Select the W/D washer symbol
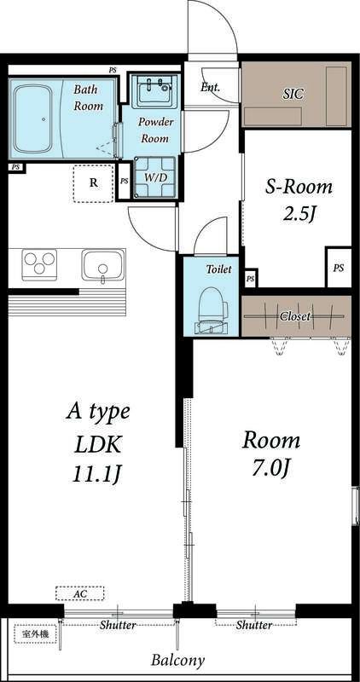point(155,176)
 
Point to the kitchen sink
point(102,265)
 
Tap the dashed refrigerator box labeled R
point(93,183)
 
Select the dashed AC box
point(79,593)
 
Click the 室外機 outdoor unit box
point(36,634)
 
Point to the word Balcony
point(177,661)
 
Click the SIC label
point(293,95)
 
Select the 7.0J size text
point(270,468)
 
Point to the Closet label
point(295,316)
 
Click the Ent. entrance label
point(210,87)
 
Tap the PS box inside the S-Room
point(338,268)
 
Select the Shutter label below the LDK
point(118,626)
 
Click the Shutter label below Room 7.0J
point(254,626)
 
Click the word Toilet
point(218,269)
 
